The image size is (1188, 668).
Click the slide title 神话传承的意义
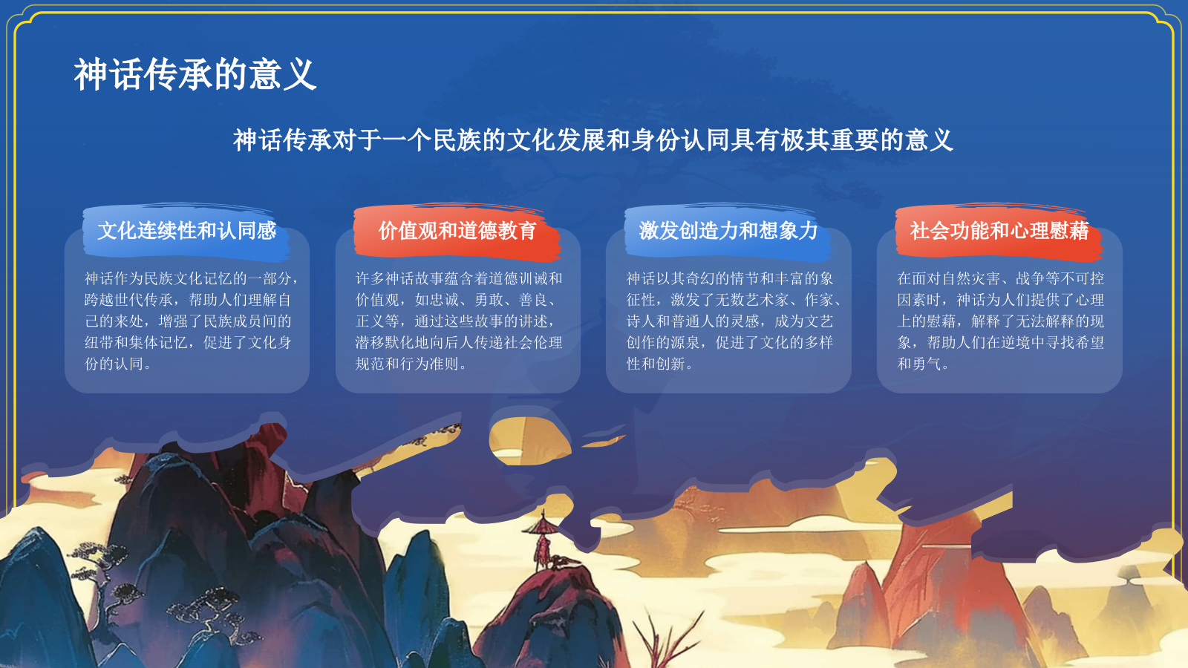(195, 74)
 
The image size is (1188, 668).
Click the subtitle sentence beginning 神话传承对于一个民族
(593, 140)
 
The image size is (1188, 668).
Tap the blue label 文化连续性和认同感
(186, 231)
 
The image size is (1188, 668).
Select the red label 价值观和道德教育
(457, 231)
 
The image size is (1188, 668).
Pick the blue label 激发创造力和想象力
(728, 231)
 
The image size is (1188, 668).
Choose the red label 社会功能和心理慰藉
(999, 231)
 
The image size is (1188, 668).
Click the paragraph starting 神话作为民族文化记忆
(191, 321)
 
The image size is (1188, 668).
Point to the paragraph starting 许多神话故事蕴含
(459, 321)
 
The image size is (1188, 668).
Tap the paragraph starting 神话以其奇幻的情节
(734, 321)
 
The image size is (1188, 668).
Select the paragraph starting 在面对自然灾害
(1000, 321)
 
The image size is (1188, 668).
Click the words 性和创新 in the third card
(656, 364)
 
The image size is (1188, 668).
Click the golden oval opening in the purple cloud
(529, 441)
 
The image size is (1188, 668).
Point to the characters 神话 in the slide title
(108, 74)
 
